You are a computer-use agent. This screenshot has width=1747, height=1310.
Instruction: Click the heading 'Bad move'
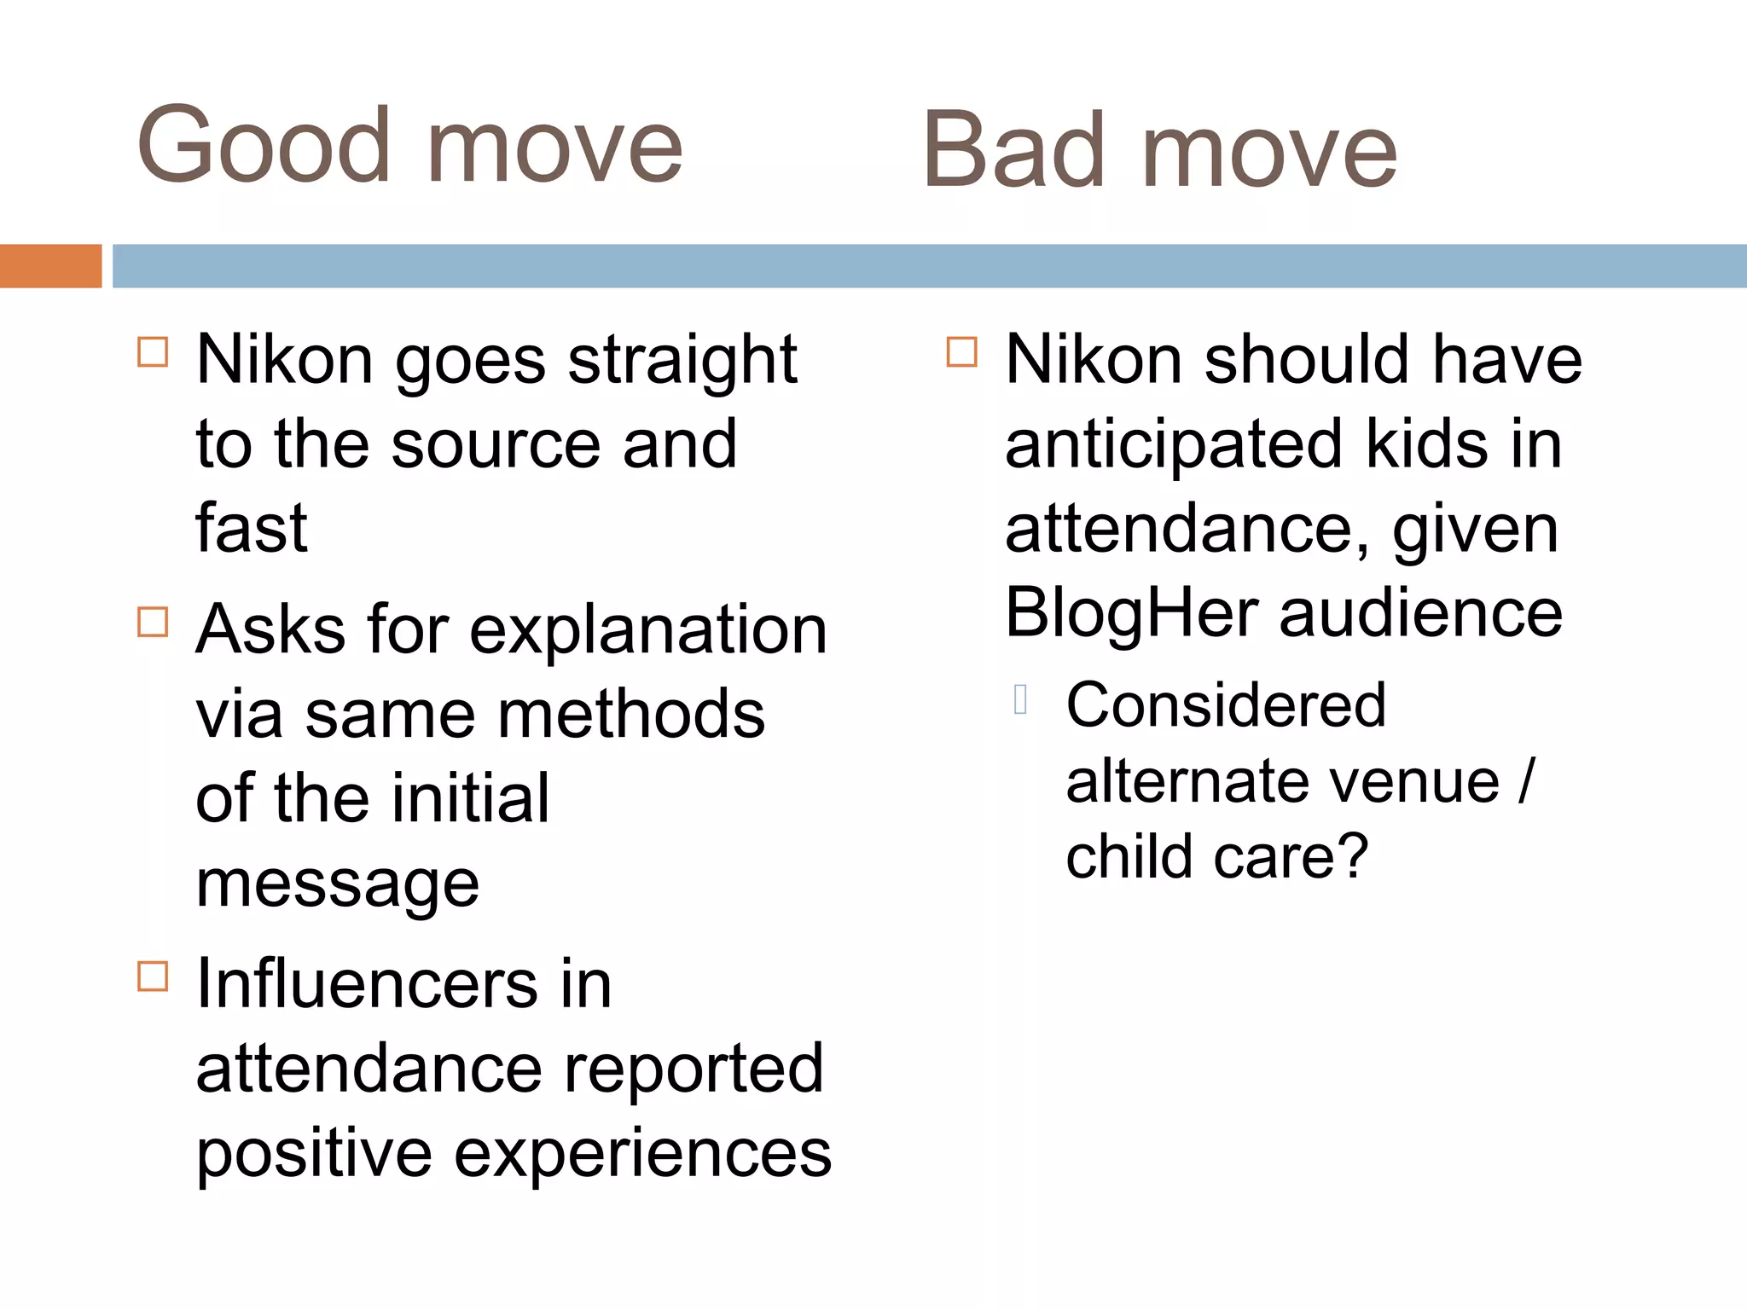1160,152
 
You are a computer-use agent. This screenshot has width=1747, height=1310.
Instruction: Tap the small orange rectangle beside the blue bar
50,266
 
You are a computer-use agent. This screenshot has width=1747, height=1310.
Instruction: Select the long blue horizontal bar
930,266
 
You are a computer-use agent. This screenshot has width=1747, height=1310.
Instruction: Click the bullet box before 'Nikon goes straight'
153,351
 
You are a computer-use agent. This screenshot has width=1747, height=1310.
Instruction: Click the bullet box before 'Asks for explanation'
153,622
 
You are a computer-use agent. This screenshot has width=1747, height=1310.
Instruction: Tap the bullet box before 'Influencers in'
153,976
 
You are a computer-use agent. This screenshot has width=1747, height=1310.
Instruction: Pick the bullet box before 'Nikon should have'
961,351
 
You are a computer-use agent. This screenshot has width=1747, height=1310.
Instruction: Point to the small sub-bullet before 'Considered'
1020,699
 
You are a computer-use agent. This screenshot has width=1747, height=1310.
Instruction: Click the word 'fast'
251,528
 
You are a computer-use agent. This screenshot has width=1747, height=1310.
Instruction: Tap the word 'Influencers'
367,984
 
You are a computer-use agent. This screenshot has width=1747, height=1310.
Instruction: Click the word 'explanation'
648,630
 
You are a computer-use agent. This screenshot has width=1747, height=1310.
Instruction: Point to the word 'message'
337,884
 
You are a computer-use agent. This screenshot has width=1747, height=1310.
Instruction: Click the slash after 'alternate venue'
1526,780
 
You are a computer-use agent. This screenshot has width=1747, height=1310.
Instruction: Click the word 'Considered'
1226,705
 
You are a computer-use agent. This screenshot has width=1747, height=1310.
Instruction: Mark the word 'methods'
631,715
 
